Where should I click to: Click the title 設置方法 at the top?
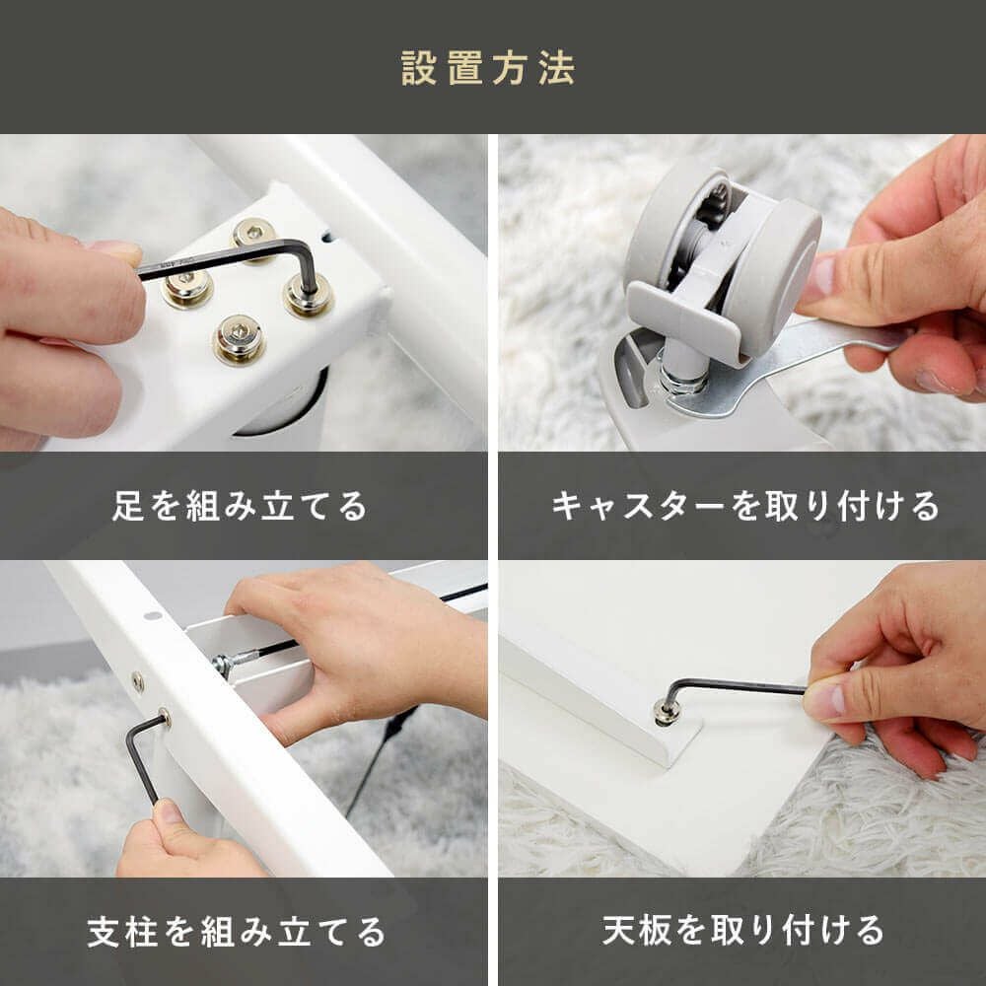(x=488, y=68)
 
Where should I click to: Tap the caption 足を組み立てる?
(x=239, y=506)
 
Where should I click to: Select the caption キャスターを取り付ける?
(x=745, y=506)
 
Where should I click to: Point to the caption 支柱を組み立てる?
(x=236, y=932)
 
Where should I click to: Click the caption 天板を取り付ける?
(x=742, y=930)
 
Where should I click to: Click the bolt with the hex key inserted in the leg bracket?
(x=308, y=296)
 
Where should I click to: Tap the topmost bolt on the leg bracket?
(x=254, y=233)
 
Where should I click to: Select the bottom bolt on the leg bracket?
(x=239, y=339)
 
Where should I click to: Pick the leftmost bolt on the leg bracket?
(x=186, y=288)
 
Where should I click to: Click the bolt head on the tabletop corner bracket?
(x=666, y=711)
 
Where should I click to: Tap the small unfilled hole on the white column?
(x=153, y=615)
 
